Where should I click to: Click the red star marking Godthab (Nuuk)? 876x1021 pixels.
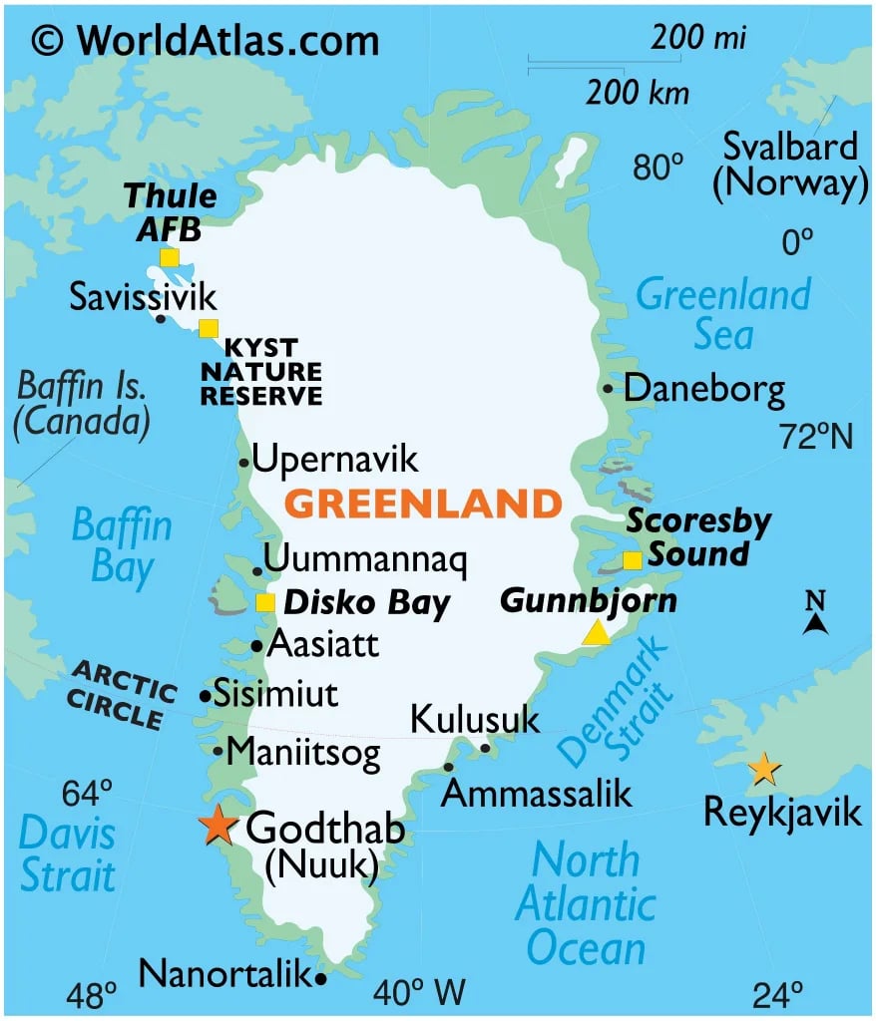(217, 827)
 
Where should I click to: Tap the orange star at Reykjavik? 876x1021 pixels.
(763, 769)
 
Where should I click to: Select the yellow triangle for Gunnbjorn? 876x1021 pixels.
(596, 633)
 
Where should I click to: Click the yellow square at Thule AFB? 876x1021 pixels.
(170, 258)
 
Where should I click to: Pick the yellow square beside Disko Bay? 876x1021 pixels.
(265, 602)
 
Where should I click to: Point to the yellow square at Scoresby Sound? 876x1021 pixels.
(632, 560)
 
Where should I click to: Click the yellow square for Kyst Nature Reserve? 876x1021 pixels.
(208, 328)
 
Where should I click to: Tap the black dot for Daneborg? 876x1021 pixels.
(608, 389)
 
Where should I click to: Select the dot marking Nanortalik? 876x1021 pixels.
(320, 978)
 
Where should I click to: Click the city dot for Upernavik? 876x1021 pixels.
(243, 463)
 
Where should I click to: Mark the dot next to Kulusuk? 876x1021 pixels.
(486, 748)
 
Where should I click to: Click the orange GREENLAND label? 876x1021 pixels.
(423, 505)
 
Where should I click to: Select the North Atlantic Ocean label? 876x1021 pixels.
(585, 903)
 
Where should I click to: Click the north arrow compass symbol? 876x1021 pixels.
(816, 614)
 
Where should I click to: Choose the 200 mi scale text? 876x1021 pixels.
(699, 39)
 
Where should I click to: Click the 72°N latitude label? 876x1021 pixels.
(816, 437)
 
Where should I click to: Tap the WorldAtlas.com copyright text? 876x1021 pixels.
(205, 40)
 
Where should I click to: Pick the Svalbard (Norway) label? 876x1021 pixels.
(789, 166)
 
